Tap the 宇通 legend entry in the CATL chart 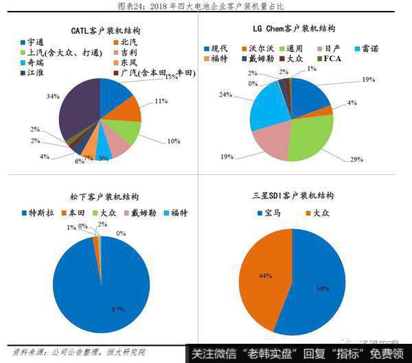32,42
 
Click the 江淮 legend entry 32,73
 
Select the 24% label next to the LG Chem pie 242,95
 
